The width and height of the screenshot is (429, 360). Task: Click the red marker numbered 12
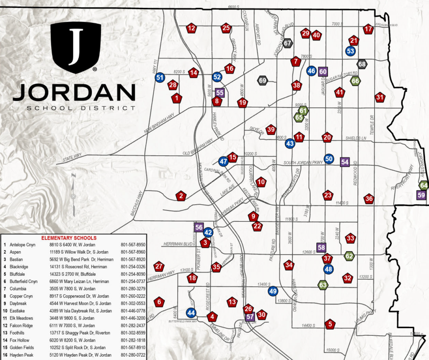pyautogui.click(x=191, y=28)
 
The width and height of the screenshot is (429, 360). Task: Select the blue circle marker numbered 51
pyautogui.click(x=160, y=77)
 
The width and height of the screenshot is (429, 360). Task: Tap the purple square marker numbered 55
pyautogui.click(x=220, y=93)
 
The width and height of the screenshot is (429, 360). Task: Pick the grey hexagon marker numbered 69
pyautogui.click(x=263, y=80)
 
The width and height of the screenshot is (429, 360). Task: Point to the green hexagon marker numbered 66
pyautogui.click(x=355, y=81)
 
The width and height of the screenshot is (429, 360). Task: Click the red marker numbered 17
pyautogui.click(x=368, y=29)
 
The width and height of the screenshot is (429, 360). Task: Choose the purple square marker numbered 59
pyautogui.click(x=421, y=195)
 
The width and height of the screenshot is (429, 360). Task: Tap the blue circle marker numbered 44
pyautogui.click(x=191, y=313)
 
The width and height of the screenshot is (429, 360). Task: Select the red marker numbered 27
pyautogui.click(x=158, y=266)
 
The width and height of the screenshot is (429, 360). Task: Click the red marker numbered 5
pyautogui.click(x=330, y=324)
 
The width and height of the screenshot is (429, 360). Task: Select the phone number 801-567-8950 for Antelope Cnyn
pyautogui.click(x=133, y=244)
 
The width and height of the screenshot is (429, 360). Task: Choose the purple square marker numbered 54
pyautogui.click(x=345, y=162)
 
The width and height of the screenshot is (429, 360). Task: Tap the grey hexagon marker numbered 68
pyautogui.click(x=362, y=64)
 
